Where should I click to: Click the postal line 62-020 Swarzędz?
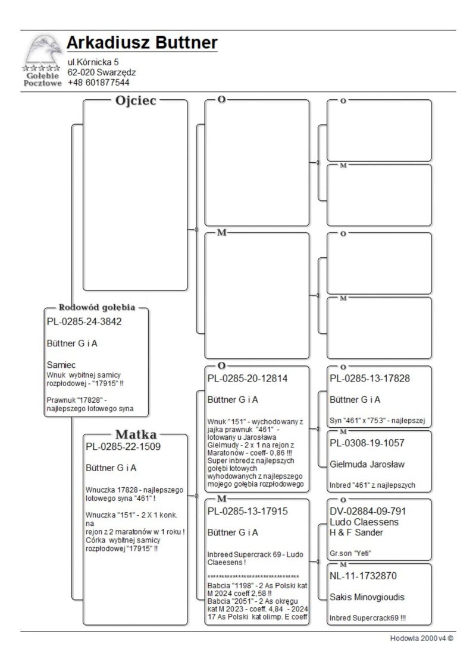(x=102, y=72)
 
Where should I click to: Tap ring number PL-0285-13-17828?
(x=372, y=378)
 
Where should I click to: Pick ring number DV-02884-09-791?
(x=372, y=511)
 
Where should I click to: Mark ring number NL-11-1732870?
(x=363, y=576)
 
